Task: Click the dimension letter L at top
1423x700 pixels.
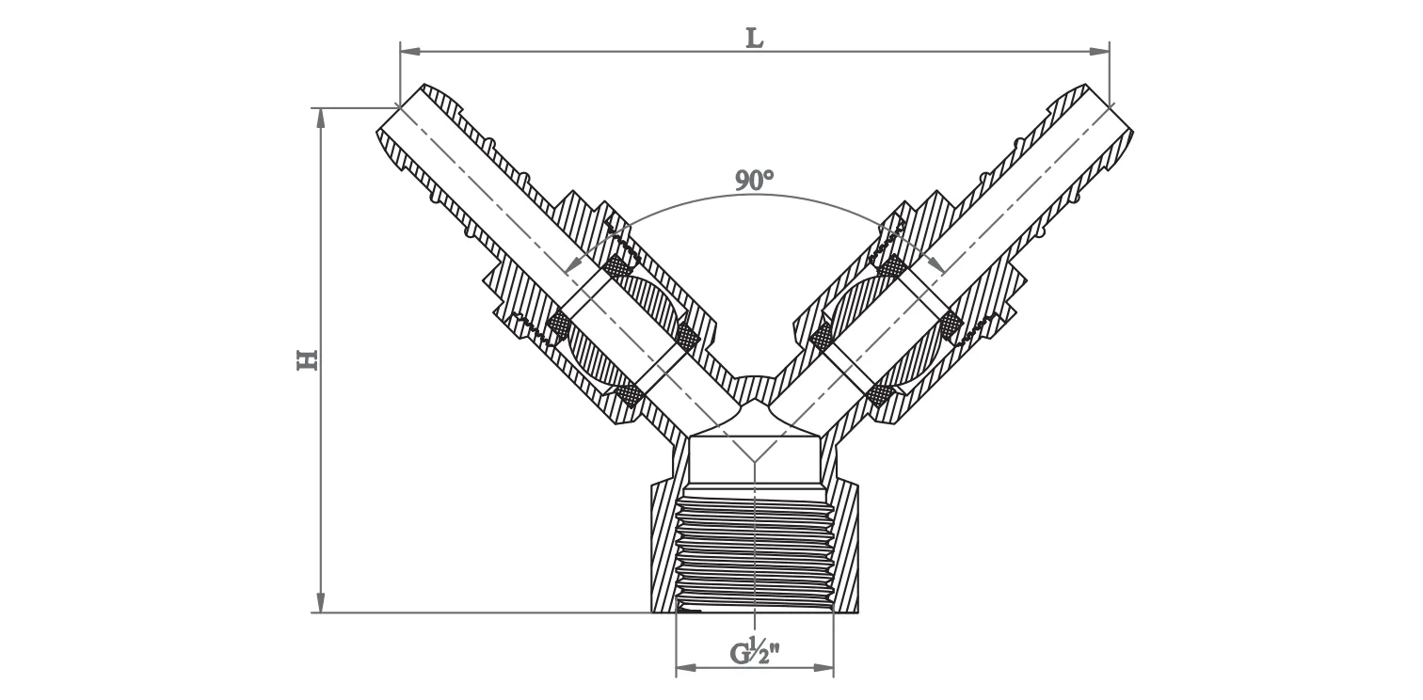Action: click(x=754, y=37)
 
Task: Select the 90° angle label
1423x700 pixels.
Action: click(x=754, y=181)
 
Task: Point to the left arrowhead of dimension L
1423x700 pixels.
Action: click(x=408, y=51)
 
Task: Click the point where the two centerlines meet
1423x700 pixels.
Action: click(x=755, y=461)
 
